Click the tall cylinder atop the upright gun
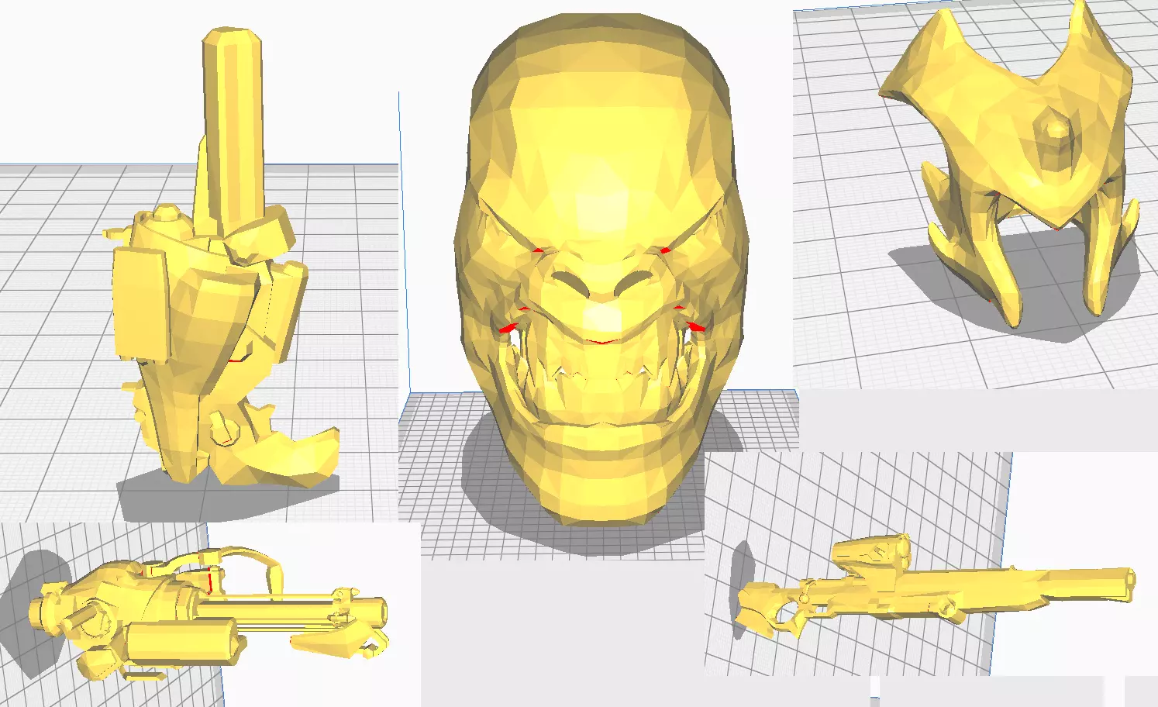coord(233,116)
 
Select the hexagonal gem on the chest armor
coord(1056,143)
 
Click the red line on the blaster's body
coord(210,580)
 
